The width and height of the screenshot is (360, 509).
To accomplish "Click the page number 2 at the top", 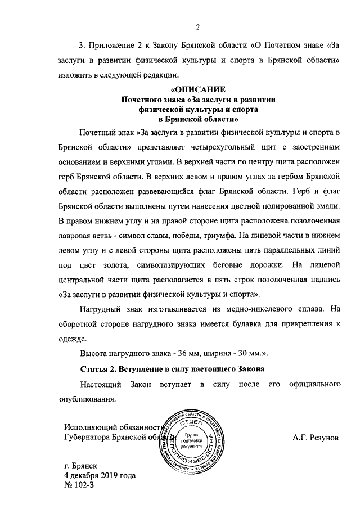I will (198, 26).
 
